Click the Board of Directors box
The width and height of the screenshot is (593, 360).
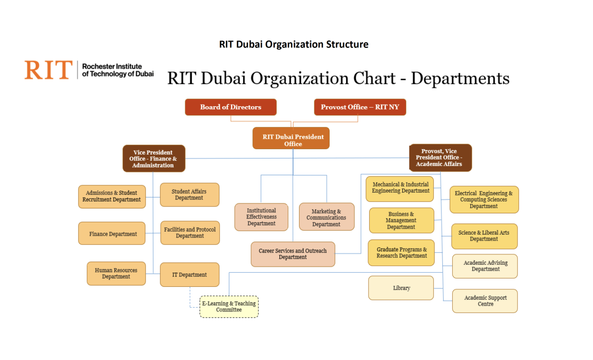tap(230, 107)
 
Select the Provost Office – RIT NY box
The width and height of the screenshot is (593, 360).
tap(360, 107)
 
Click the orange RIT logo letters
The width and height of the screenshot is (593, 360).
tap(48, 70)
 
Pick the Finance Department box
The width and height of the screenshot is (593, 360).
tap(113, 234)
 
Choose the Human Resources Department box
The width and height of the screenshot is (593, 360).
tap(116, 274)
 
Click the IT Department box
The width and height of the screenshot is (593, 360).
tap(189, 275)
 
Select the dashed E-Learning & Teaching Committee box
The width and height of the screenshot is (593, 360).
tap(229, 307)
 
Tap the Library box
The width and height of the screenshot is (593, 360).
tap(401, 288)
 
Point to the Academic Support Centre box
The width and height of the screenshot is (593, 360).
tap(485, 301)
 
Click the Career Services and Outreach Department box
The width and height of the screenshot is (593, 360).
tap(293, 254)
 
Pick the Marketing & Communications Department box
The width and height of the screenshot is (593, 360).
tap(326, 217)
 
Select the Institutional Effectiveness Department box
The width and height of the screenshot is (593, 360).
tap(261, 217)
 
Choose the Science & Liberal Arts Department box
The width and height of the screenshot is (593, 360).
tap(484, 236)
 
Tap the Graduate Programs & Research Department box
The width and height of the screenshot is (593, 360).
tap(401, 253)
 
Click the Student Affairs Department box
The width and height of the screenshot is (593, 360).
tap(189, 195)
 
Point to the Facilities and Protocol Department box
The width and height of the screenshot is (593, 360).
tap(190, 233)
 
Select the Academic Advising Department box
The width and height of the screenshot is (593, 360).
tap(485, 266)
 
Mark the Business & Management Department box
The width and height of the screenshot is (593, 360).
tap(401, 221)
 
